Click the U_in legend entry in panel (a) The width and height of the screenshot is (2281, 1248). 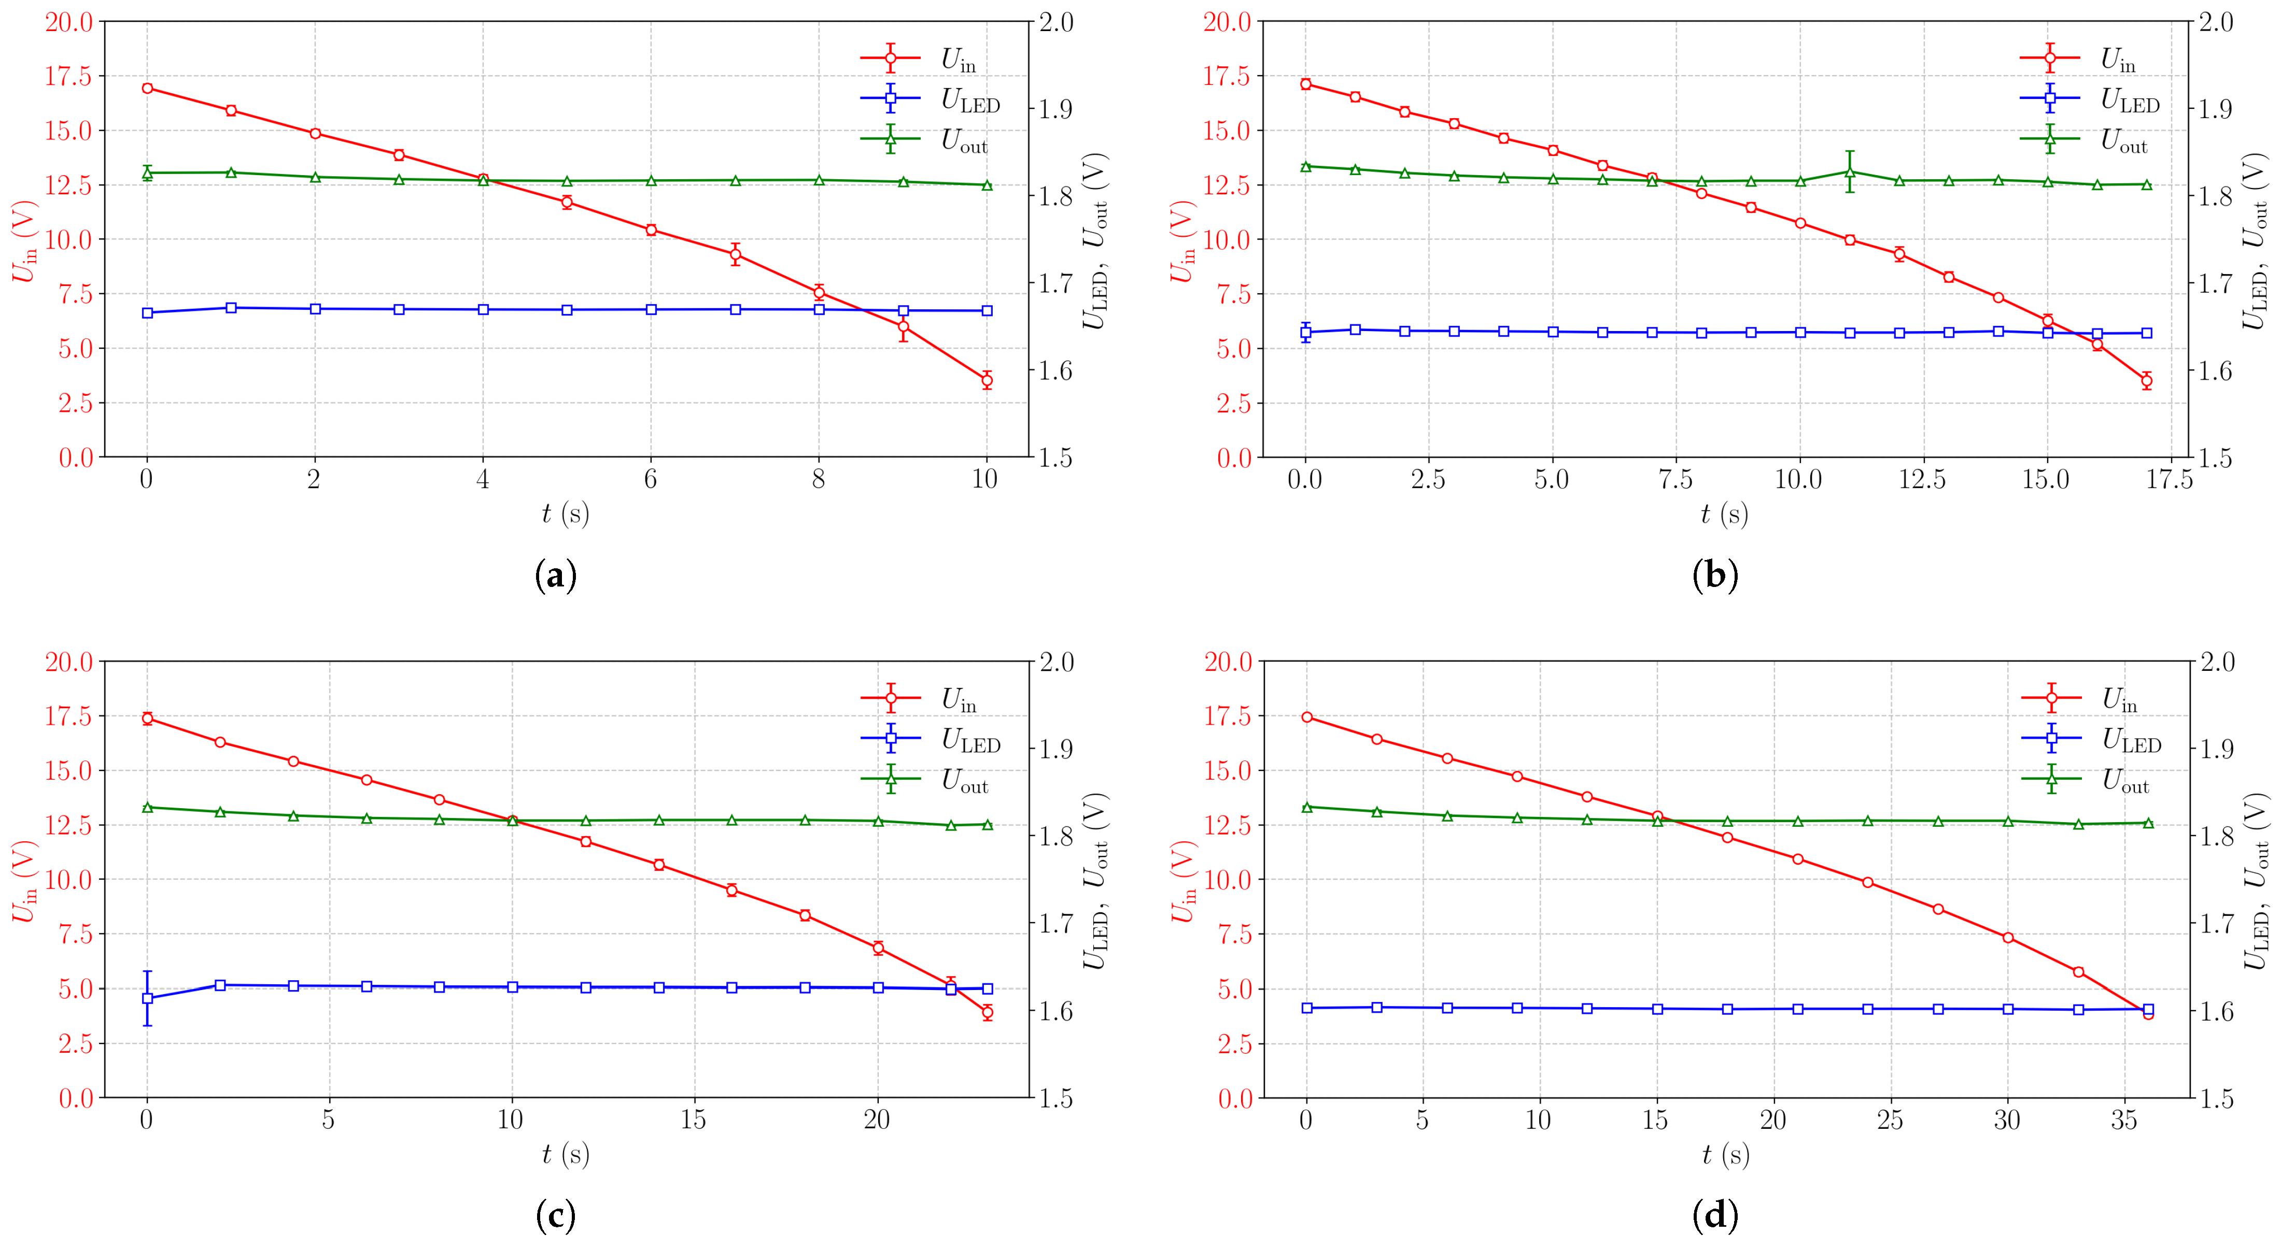(930, 59)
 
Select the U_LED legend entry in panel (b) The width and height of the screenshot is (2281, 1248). (2090, 100)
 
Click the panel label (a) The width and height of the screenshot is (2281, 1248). (556, 576)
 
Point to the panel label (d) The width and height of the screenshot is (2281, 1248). (1715, 1216)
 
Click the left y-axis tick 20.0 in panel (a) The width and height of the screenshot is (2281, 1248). (69, 22)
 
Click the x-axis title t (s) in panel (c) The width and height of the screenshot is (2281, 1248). (566, 1154)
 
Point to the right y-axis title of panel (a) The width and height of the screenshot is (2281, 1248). (1095, 241)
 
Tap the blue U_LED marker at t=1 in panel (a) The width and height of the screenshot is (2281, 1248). (231, 308)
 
